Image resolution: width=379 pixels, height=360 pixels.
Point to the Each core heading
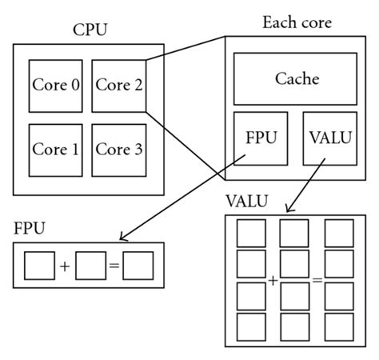pyautogui.click(x=296, y=22)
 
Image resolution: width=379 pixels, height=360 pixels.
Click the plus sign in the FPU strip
pyautogui.click(x=64, y=266)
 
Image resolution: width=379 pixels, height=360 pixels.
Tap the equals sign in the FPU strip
pyautogui.click(x=114, y=266)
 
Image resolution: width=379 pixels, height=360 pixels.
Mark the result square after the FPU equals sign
pyautogui.click(x=138, y=266)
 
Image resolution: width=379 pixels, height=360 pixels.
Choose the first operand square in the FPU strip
pyautogui.click(x=39, y=266)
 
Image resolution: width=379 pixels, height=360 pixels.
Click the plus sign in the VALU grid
pyautogui.click(x=273, y=280)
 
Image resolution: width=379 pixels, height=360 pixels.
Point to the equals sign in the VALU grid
pyautogui.click(x=317, y=280)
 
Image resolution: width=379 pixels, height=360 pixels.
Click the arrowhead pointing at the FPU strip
pyautogui.click(x=122, y=237)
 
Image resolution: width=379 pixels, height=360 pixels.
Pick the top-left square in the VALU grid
pyautogui.click(x=250, y=232)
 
